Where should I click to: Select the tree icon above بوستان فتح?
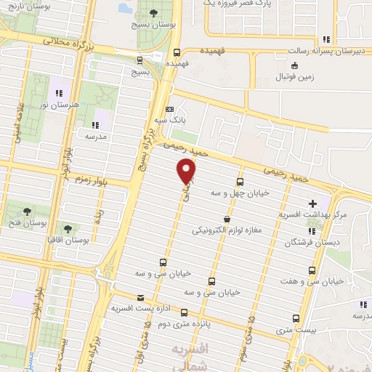[27, 211]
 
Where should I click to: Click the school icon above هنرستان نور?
[60, 93]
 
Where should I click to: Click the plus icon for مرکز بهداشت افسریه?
[313, 203]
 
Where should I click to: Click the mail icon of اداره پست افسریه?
[140, 298]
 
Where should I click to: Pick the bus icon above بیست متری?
[296, 318]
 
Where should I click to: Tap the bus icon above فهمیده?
[177, 52]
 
